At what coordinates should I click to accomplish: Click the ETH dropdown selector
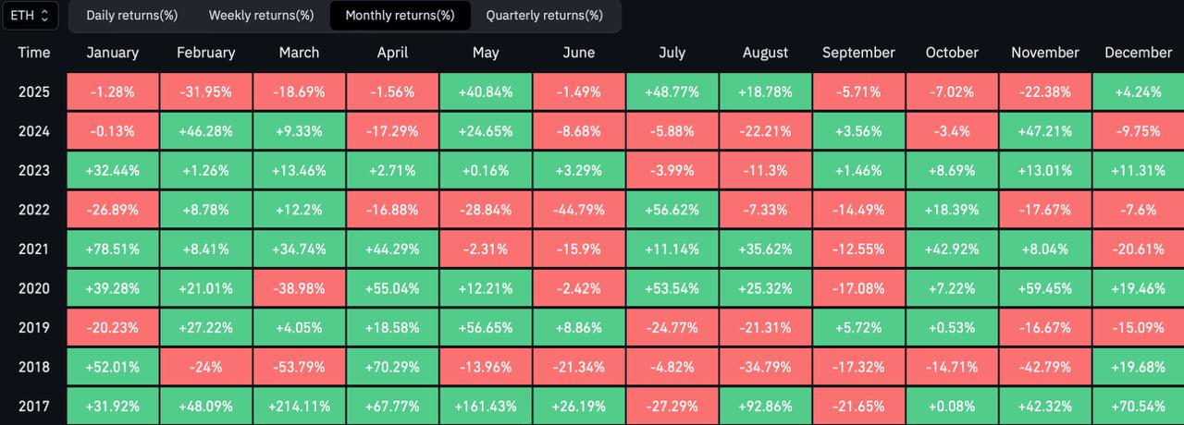[31, 15]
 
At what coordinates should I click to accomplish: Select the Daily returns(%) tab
[131, 15]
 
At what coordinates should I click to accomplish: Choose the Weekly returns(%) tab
[261, 15]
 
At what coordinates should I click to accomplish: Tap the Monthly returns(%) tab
[400, 15]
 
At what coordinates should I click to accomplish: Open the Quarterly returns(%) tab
[544, 15]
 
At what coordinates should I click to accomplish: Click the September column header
[858, 53]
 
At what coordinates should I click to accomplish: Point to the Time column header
[34, 53]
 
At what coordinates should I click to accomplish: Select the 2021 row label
[34, 249]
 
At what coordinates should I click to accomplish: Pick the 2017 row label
[34, 406]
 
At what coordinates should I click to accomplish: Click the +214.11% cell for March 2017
[299, 406]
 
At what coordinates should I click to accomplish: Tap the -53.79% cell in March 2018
[299, 367]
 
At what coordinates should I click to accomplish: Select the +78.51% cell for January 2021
[113, 249]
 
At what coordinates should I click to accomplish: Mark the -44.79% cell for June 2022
[578, 210]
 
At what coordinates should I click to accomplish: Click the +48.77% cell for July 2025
[672, 92]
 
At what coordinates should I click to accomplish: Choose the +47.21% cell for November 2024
[1044, 131]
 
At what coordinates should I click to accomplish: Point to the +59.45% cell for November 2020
[1044, 288]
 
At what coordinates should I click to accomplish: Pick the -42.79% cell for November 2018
[1044, 367]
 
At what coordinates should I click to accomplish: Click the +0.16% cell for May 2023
[486, 170]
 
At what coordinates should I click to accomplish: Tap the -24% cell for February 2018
[206, 367]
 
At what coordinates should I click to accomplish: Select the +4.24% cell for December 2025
[1138, 92]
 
